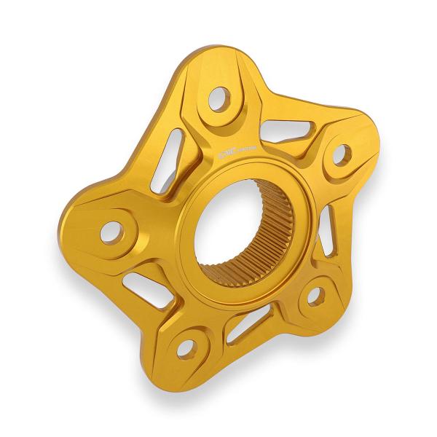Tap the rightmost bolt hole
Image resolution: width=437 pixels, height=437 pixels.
(341, 153)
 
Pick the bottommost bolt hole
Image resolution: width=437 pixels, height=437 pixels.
(186, 348)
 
